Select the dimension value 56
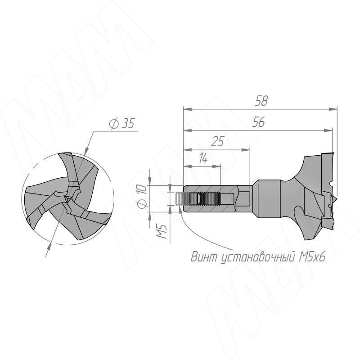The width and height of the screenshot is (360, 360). click(258, 122)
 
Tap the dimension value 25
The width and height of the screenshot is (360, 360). click(217, 141)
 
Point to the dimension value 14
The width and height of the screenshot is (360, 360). click(203, 158)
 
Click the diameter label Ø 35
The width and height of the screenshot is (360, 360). click(121, 124)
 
